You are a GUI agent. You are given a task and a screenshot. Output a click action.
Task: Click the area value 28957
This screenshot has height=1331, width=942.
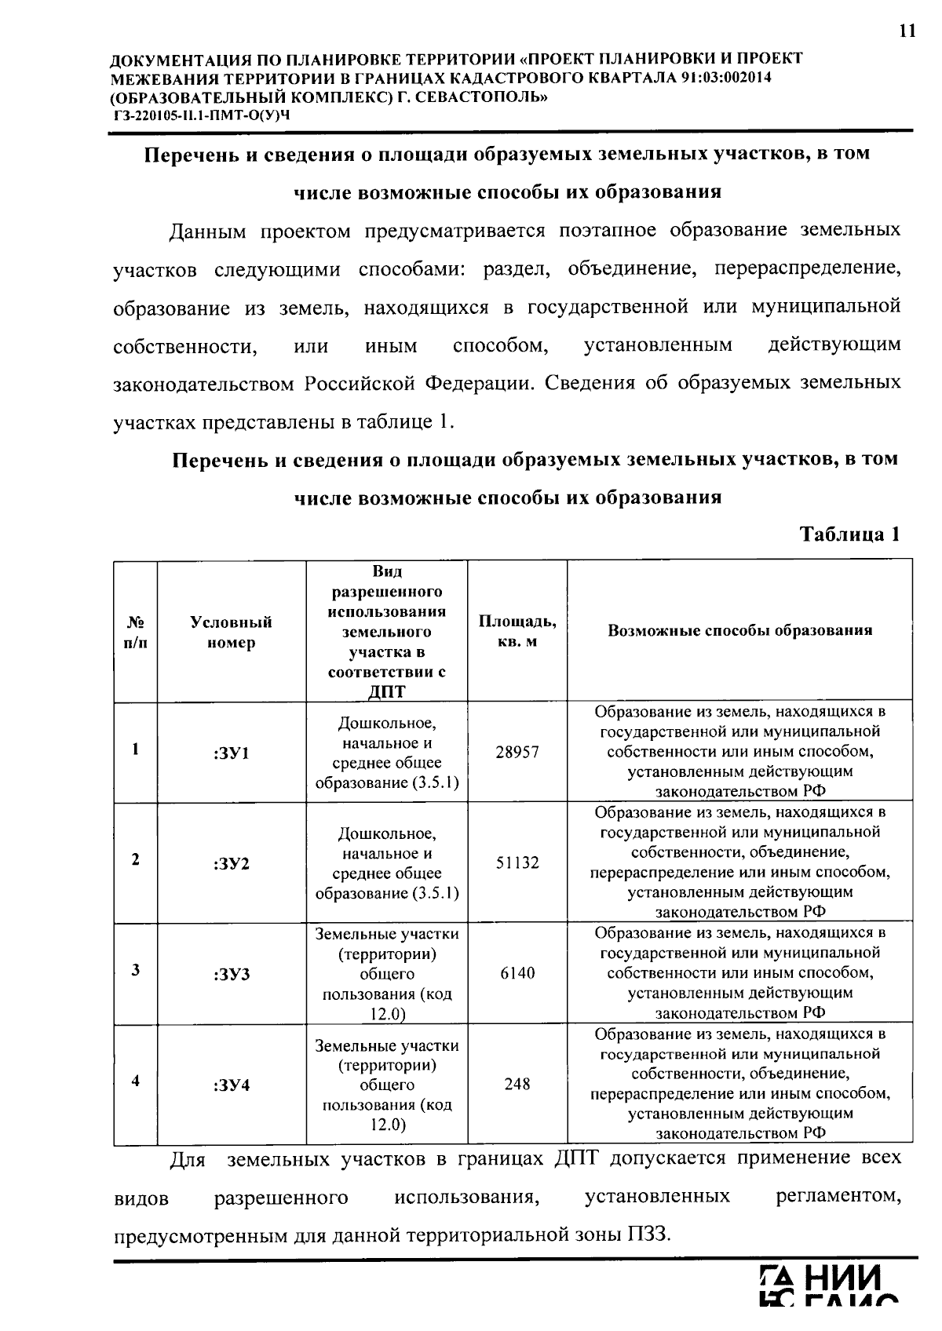517,752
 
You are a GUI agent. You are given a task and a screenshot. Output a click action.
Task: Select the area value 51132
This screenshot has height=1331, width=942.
517,862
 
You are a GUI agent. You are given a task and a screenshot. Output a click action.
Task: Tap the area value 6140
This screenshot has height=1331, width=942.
517,973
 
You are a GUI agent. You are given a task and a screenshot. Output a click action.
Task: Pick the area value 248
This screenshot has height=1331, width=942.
517,1084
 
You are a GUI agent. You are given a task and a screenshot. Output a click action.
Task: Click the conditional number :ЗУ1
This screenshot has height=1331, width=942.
231,753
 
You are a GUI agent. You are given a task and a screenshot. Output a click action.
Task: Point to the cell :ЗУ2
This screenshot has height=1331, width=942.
231,864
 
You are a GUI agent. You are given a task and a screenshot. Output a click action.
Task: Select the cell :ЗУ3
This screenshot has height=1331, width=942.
231,975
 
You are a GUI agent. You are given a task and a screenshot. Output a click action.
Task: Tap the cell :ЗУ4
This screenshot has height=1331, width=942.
231,1085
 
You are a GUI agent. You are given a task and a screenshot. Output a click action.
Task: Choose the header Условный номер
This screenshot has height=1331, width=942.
231,633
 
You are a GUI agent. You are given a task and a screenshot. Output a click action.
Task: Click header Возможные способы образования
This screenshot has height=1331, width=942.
739,631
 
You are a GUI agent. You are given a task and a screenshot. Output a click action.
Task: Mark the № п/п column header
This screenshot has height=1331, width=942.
136,633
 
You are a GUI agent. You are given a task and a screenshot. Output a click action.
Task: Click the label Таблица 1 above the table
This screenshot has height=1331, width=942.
849,535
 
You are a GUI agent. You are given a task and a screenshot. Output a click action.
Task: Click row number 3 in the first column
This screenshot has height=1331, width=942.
136,970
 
